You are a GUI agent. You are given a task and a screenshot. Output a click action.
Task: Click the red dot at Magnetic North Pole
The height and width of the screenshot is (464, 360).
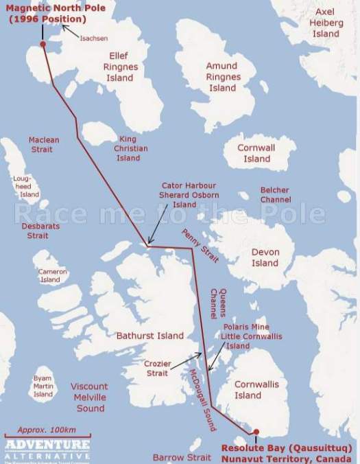click(x=43, y=44)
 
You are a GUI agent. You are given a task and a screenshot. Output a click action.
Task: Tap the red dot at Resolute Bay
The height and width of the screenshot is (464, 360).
click(x=256, y=432)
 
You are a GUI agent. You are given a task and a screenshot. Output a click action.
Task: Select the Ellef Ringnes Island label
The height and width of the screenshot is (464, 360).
click(x=121, y=67)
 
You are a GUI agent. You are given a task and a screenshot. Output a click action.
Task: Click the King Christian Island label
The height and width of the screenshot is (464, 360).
click(x=128, y=148)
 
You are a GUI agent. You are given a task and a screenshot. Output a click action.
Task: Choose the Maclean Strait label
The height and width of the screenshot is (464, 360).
click(x=44, y=144)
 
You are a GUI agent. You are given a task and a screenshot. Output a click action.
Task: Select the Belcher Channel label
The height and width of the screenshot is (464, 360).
click(x=275, y=195)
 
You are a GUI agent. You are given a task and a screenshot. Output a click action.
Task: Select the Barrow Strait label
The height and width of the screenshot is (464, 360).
click(x=182, y=456)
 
